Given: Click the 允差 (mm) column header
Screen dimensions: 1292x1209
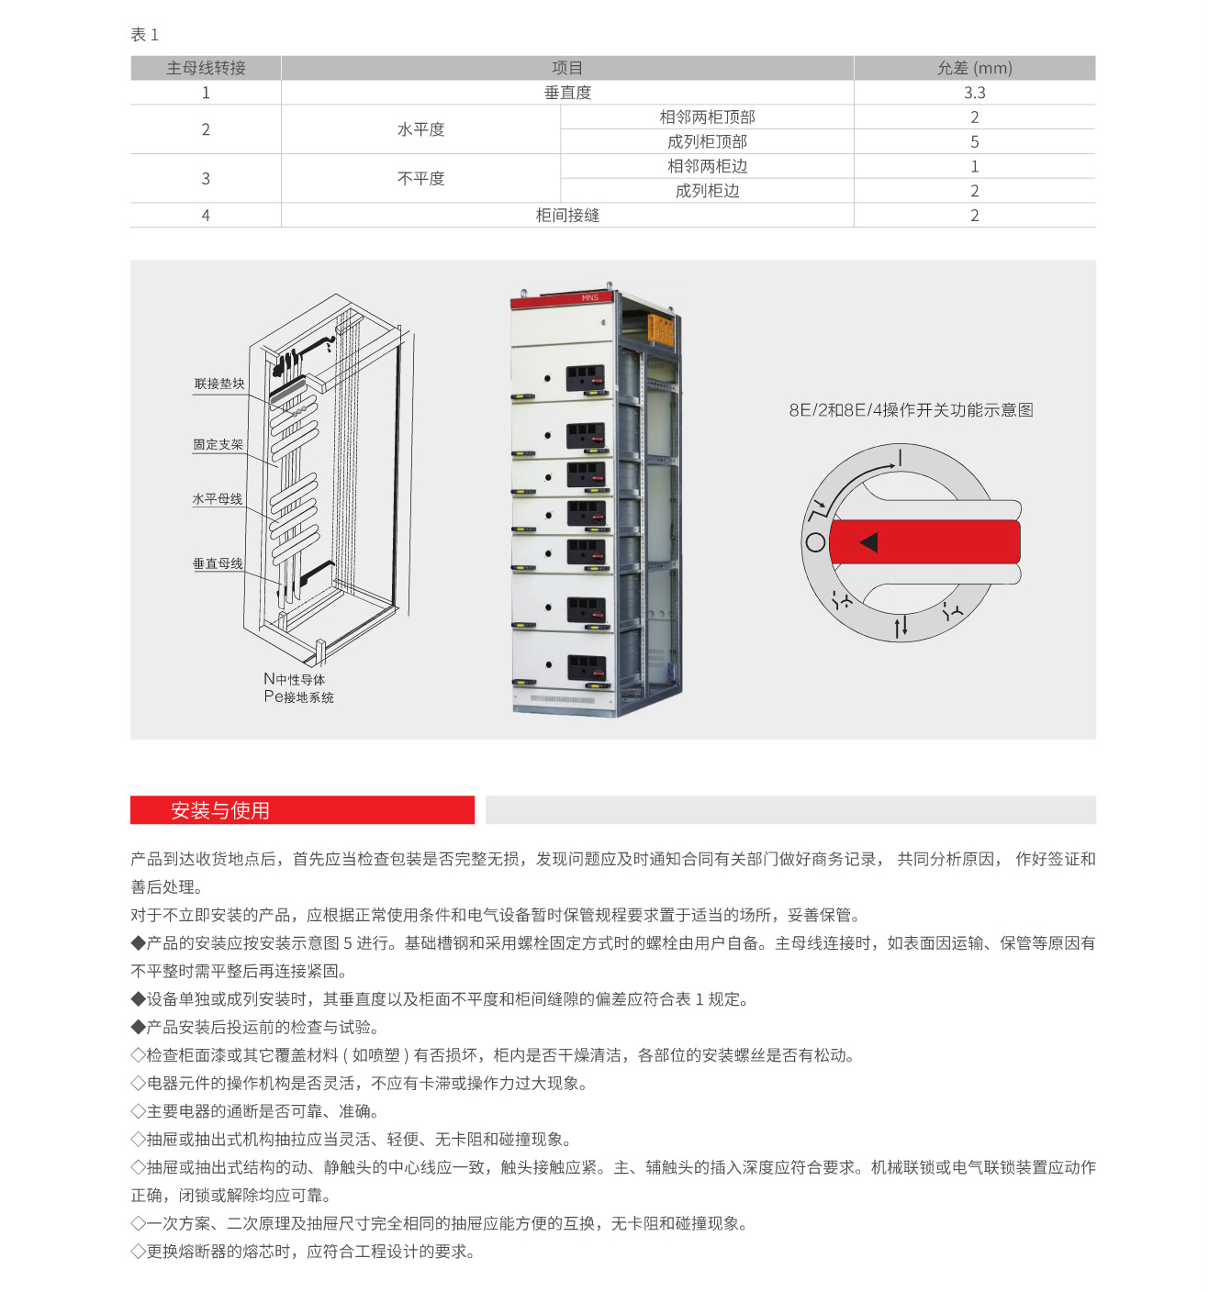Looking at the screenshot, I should point(974,68).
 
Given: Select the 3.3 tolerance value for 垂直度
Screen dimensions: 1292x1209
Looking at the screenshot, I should point(974,93).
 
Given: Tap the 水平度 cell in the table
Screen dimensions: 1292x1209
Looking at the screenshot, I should point(420,129).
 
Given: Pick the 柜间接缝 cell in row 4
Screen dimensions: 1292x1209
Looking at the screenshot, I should point(567,216).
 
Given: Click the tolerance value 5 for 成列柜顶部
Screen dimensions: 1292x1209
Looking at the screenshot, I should point(974,142).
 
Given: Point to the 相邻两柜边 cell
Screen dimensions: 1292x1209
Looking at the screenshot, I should point(707,166).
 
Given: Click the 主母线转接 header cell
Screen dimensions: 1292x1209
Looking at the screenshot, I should point(206,68).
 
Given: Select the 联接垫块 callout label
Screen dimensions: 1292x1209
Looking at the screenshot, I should point(219,384).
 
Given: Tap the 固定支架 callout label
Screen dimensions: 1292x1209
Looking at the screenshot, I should point(218,445).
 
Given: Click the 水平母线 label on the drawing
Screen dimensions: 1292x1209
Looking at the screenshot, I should point(218,499).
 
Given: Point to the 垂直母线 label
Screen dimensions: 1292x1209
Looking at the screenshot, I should point(218,563).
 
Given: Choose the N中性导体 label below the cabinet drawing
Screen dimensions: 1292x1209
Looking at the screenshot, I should point(294,679).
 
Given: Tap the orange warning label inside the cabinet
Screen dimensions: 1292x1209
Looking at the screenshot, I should point(662,329).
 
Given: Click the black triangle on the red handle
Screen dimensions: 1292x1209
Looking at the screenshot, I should point(868,542).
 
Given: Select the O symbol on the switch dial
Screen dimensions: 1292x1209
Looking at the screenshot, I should point(815,542).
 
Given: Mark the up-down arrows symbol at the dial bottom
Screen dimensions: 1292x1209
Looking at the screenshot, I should point(901,627).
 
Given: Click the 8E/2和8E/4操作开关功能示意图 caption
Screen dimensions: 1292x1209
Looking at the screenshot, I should point(911,410).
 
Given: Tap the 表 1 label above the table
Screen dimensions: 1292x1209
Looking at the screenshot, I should point(144,35).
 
